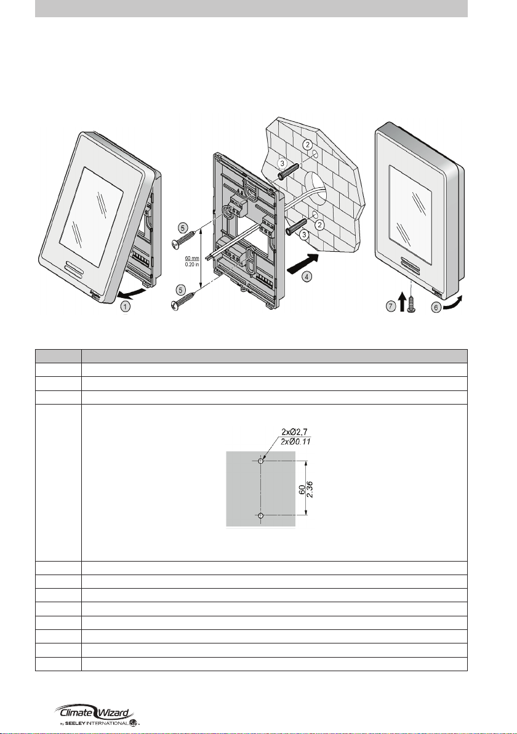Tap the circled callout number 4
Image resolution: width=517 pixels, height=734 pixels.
(307, 276)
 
